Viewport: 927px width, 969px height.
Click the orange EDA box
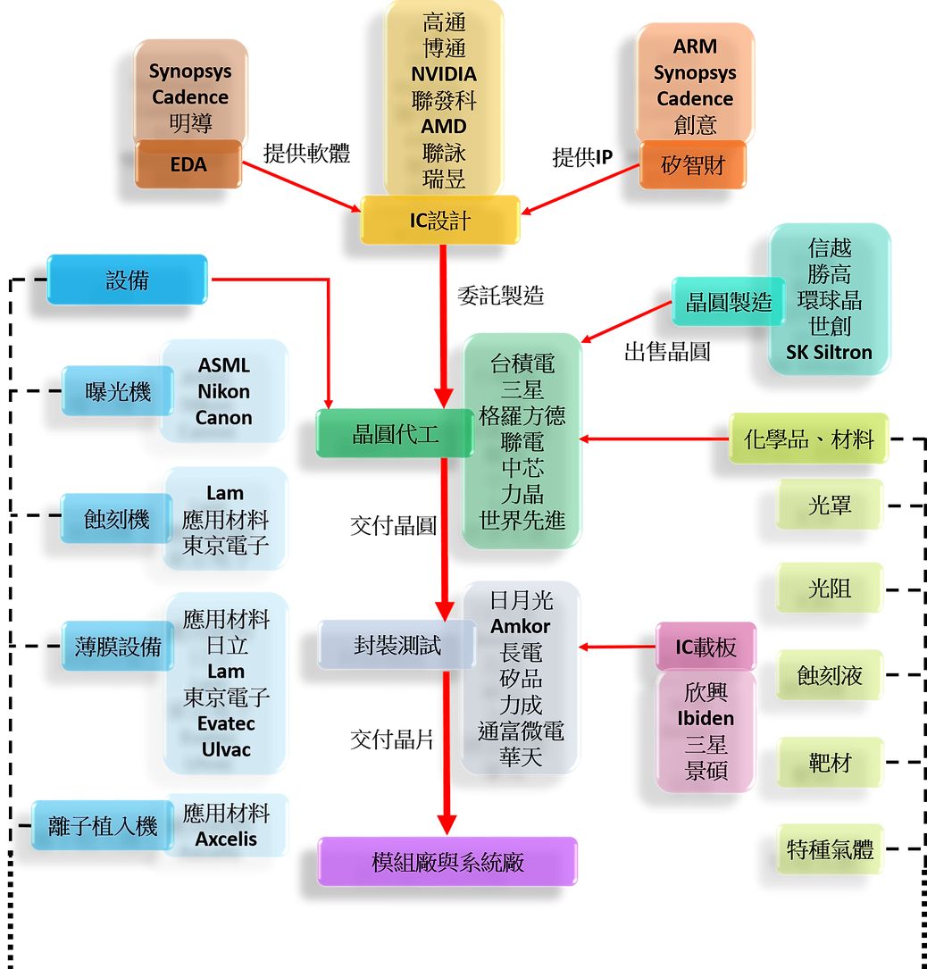click(x=188, y=164)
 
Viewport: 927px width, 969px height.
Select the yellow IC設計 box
click(x=439, y=220)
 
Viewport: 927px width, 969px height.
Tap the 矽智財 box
click(x=693, y=165)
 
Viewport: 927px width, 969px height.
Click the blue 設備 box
click(x=127, y=280)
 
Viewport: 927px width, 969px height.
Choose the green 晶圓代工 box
click(x=395, y=433)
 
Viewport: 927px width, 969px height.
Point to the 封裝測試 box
click(x=397, y=645)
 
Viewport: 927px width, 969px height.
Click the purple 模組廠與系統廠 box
click(x=447, y=862)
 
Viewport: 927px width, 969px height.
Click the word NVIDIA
click(x=444, y=74)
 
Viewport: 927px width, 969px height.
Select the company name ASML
click(x=223, y=365)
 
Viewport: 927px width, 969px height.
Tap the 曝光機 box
click(x=118, y=391)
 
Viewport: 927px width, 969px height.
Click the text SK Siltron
click(x=829, y=352)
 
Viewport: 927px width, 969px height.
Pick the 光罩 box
click(x=830, y=505)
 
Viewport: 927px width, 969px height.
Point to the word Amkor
click(x=521, y=626)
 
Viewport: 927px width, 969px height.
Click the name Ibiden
click(x=706, y=718)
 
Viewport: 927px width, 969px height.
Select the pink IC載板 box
click(x=706, y=647)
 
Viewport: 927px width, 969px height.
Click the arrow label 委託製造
click(x=500, y=296)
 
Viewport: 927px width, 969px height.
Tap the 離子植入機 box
click(x=102, y=826)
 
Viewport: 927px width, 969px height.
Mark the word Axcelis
click(x=226, y=839)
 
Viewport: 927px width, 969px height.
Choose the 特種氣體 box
click(x=830, y=849)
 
